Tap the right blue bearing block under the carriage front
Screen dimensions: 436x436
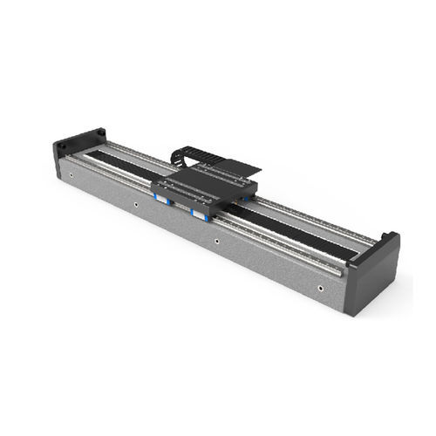[198, 211]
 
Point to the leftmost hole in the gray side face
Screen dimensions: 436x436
[135, 206]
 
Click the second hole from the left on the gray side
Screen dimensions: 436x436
[216, 241]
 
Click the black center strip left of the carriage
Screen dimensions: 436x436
[122, 161]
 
